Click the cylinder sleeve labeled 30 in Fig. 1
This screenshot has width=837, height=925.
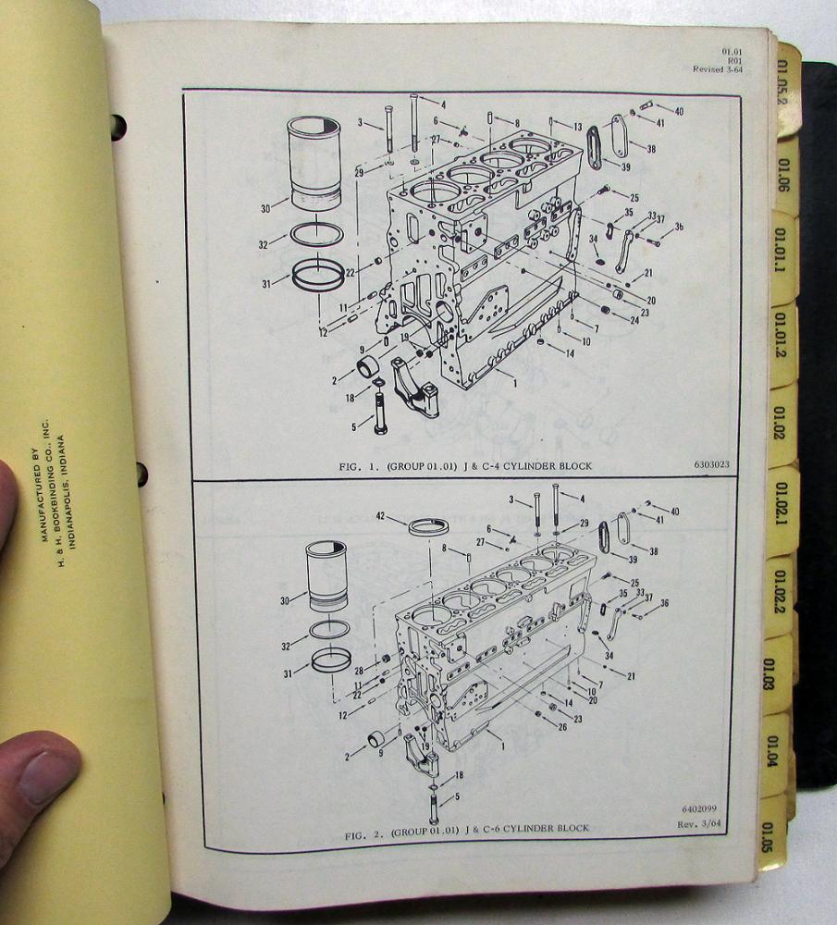click(313, 164)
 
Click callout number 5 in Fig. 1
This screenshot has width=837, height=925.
click(355, 426)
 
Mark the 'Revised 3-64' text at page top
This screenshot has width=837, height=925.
click(719, 69)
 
